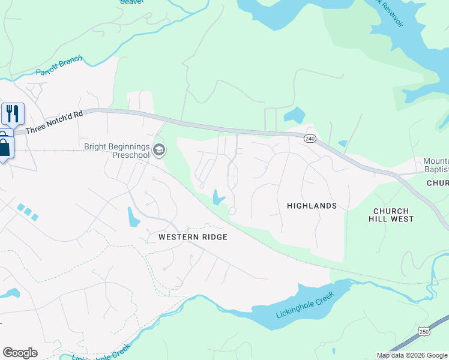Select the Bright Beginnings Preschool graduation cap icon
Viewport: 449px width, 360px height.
click(159, 149)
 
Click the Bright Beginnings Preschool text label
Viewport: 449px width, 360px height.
click(116, 150)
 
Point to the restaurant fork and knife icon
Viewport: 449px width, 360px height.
click(12, 113)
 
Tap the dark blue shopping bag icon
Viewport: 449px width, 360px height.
click(5, 146)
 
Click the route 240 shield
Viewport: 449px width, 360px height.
click(310, 139)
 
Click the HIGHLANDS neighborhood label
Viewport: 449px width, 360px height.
click(312, 206)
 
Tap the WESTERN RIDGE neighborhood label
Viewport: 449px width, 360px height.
click(193, 237)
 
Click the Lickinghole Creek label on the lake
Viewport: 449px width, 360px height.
click(304, 305)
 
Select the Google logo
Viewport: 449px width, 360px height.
click(20, 353)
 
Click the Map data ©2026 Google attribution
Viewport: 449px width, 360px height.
click(412, 355)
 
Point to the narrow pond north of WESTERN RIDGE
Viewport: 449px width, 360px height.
click(133, 217)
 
